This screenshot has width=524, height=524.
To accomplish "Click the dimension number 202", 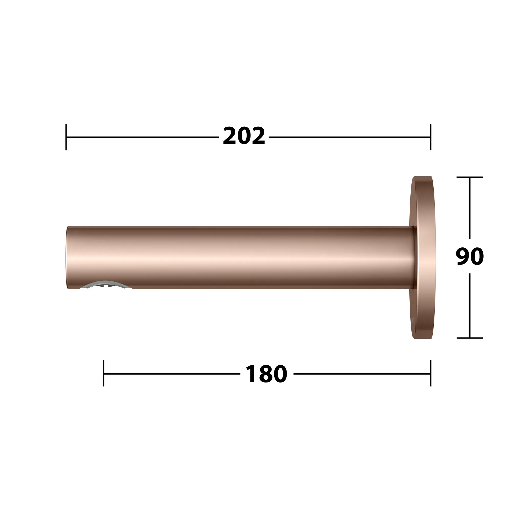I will [244, 136].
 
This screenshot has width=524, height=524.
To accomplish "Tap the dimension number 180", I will [266, 374].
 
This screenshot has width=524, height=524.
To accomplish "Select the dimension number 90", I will [470, 257].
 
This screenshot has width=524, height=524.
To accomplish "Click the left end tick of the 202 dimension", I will [66, 137].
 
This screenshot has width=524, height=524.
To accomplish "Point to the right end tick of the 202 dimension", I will [431, 137].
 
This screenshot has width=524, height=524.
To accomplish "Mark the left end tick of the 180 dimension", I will [104, 374].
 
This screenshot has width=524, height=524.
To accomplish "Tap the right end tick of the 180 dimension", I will [431, 374].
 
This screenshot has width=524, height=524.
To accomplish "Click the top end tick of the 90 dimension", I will [470, 177].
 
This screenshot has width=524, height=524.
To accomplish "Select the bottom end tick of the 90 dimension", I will [470, 338].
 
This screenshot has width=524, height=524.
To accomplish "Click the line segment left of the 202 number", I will [143, 137].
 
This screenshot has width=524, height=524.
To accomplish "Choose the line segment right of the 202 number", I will [350, 137].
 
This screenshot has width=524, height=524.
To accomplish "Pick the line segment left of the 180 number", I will [172, 374].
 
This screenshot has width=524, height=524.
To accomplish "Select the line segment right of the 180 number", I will [362, 374].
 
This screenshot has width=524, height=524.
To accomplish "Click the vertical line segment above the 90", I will [470, 208].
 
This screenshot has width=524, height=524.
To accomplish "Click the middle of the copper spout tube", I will [240, 258].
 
